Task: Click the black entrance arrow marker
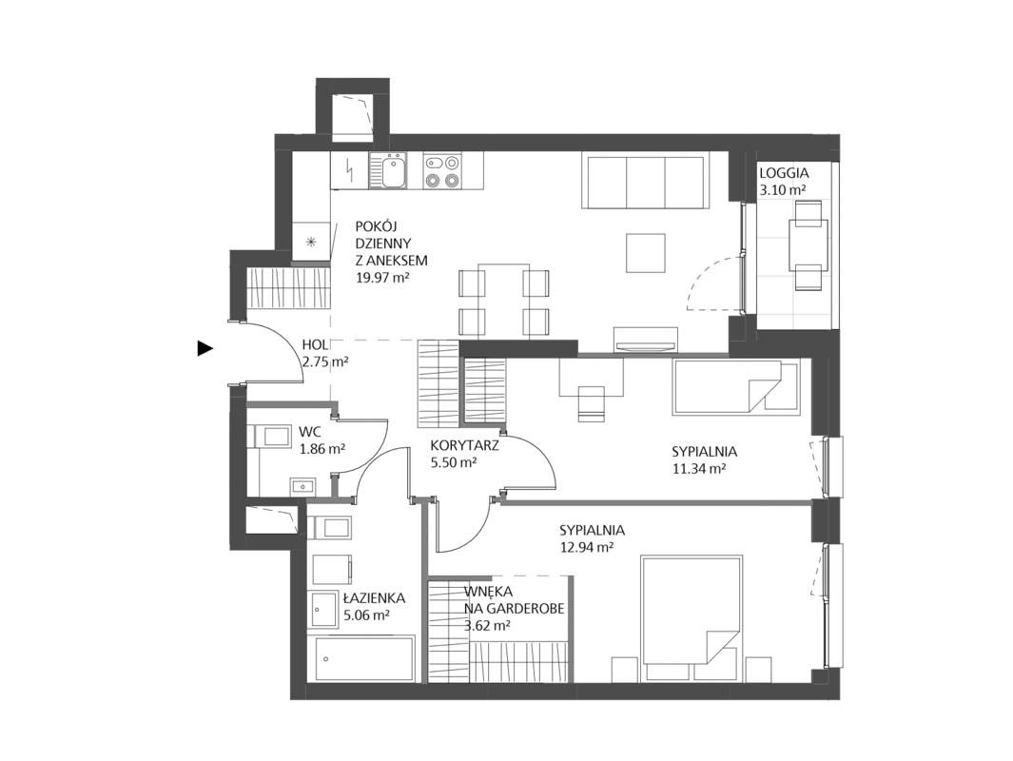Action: [205, 348]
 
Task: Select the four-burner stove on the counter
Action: [441, 171]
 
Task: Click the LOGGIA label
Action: [783, 174]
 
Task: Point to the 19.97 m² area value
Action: [381, 278]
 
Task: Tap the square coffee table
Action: [647, 253]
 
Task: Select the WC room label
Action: [311, 432]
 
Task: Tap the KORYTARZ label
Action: [464, 444]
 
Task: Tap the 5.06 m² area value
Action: [366, 615]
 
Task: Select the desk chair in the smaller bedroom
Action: [591, 403]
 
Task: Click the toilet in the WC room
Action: [271, 437]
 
